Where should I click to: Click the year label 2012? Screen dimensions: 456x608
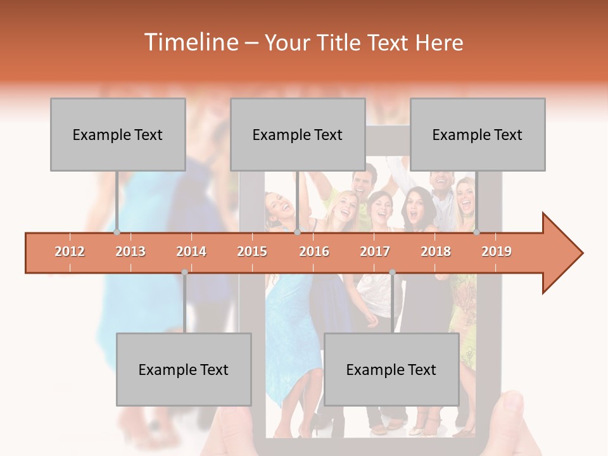[70, 251]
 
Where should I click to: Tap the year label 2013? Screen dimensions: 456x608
[130, 251]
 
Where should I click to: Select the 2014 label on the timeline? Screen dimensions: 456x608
[191, 251]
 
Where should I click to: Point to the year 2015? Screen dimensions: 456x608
[252, 251]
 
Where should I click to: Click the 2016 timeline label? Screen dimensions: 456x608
[314, 251]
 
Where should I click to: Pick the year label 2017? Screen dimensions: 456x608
[375, 251]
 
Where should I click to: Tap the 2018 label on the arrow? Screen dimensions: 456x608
[436, 251]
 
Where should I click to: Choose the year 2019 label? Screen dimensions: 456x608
[497, 251]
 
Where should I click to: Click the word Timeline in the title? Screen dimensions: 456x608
[190, 42]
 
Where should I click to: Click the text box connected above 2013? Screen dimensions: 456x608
[118, 134]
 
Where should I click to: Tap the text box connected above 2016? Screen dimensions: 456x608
[298, 134]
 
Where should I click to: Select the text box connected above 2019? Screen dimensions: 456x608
[478, 134]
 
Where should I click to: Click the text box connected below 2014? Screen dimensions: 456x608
[184, 369]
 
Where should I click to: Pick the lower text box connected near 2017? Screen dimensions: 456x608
[391, 369]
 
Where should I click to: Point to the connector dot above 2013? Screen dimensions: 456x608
[117, 232]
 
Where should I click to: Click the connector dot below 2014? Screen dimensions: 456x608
[184, 272]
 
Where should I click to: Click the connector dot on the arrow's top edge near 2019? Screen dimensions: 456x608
[476, 232]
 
